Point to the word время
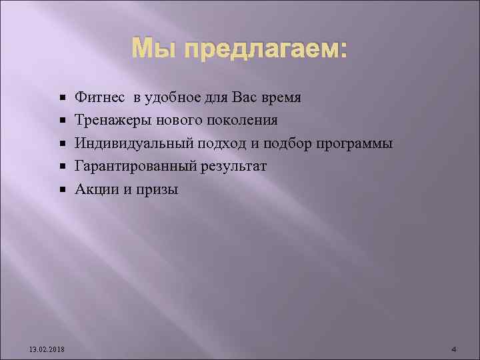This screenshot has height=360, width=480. (279, 98)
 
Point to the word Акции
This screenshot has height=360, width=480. (96, 189)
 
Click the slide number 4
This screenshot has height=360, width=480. (453, 350)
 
